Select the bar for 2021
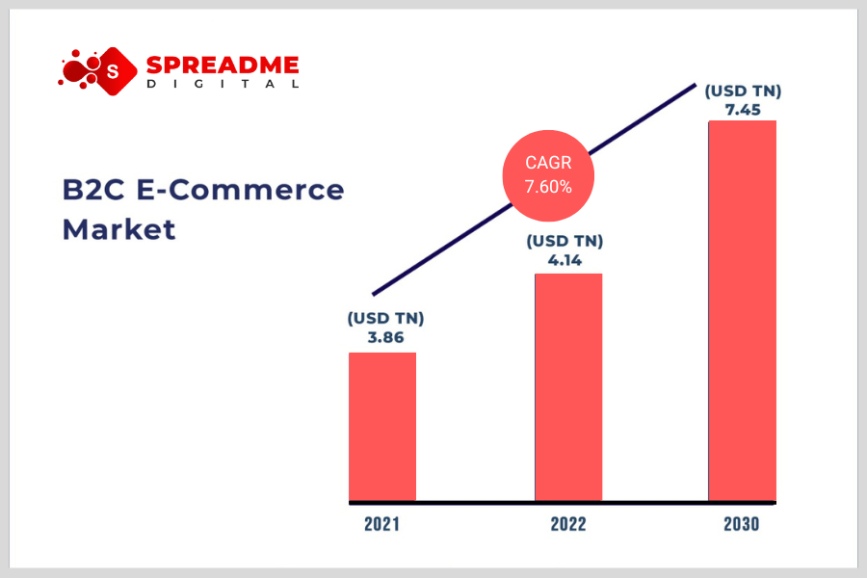coord(382,427)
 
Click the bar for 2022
coord(568,387)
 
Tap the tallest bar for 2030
coord(743,311)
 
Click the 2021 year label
coord(382,524)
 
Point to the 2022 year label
coord(568,524)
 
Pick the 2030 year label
coord(742,524)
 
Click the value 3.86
coord(386,337)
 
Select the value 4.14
coord(565,260)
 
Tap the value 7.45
coord(743,110)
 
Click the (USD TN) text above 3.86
coord(386,319)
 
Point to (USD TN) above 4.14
coord(565,241)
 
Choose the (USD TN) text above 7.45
coord(743,92)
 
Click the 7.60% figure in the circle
coord(548,187)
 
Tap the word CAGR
coord(548,163)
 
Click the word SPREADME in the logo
coord(223,66)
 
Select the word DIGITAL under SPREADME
coord(223,84)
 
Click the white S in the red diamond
coord(113,71)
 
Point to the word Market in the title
coord(118,229)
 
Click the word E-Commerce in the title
coord(240,190)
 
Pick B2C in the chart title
coord(93,190)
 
